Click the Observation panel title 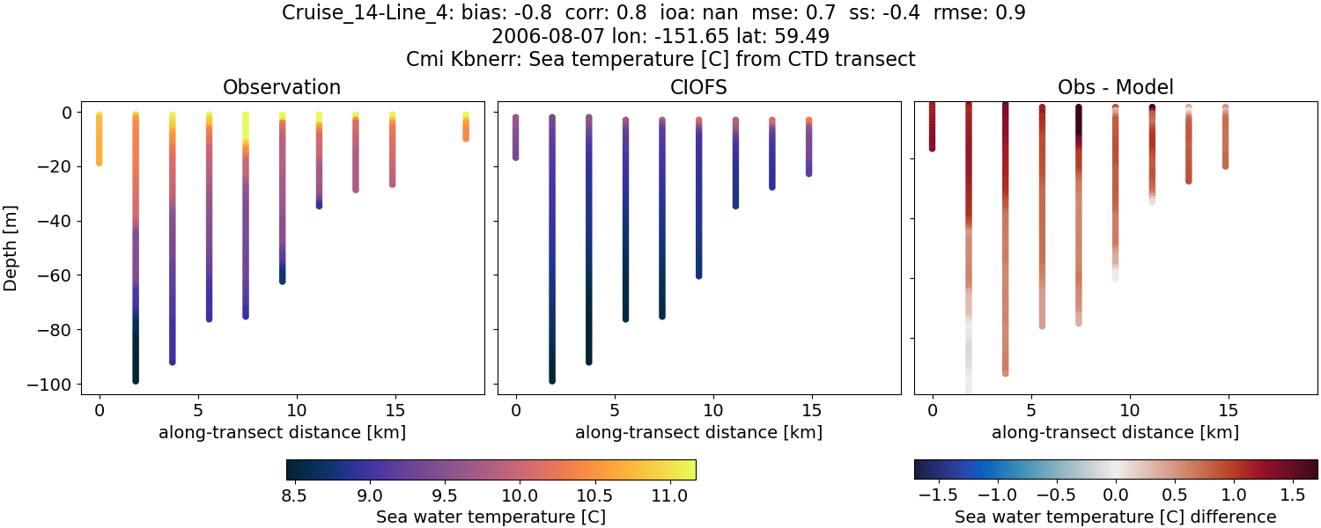282,87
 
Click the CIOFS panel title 698,87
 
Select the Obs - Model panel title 1115,87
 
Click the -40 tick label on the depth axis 57,221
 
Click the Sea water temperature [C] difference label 1115,517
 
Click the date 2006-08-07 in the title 541,36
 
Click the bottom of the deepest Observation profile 136,380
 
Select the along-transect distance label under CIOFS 698,432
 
